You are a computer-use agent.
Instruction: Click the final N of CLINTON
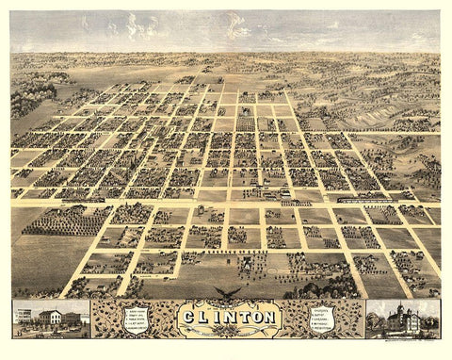tap(267, 318)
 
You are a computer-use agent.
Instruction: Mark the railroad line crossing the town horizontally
tap(226, 199)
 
